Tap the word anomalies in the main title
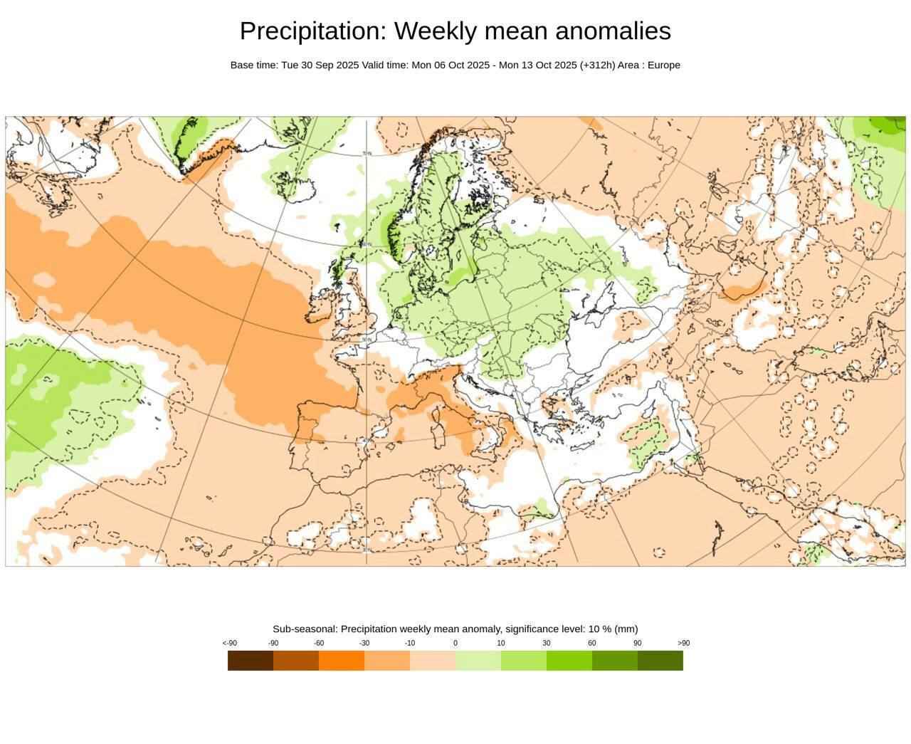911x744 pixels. tap(613, 31)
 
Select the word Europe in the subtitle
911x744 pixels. tap(663, 65)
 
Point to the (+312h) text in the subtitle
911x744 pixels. tap(597, 65)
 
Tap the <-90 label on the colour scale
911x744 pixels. tap(229, 643)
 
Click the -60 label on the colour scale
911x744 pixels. tap(319, 643)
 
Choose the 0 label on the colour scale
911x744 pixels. tap(455, 643)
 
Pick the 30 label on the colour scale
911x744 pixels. tap(547, 643)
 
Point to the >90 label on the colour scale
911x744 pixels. tap(683, 643)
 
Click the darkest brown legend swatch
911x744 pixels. tap(251, 661)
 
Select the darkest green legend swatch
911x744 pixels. tap(660, 661)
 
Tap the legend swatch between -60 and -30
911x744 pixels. tap(342, 661)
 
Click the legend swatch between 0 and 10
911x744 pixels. tap(478, 661)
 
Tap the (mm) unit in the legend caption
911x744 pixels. tap(626, 629)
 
